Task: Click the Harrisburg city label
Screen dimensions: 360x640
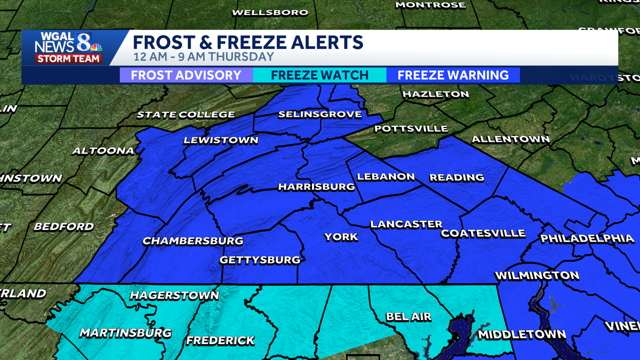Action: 316,187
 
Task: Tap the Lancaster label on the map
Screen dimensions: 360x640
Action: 406,224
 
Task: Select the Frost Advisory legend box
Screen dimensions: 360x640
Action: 186,75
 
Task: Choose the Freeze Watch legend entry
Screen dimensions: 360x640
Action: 319,75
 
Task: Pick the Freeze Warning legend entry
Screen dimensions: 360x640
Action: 453,75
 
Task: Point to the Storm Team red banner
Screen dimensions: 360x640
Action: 68,58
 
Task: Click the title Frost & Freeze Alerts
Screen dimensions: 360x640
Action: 248,42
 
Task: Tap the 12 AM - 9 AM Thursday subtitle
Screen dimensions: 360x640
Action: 203,57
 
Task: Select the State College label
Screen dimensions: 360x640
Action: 186,114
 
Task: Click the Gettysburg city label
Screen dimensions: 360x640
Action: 260,260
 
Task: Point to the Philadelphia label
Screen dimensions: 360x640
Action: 587,238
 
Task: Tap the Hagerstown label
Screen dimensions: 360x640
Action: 174,295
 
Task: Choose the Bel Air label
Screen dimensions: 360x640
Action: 409,317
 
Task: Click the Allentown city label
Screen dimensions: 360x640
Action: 510,139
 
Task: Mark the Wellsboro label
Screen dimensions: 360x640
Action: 270,12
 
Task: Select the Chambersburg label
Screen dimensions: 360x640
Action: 193,241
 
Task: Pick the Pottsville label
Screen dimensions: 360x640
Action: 411,129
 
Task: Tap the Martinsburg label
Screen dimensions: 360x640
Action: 125,333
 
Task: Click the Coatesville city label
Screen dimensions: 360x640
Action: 483,234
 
